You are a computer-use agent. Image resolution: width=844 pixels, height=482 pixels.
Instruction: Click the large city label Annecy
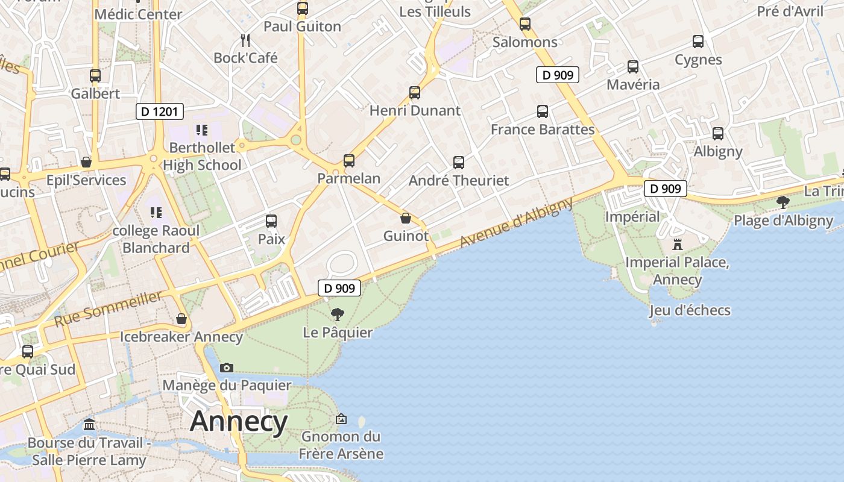[239, 421]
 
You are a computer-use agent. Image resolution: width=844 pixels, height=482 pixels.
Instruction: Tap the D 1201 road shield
[159, 111]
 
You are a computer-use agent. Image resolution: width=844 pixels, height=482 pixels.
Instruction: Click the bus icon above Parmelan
[349, 161]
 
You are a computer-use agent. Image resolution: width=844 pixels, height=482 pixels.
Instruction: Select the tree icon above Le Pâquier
[338, 314]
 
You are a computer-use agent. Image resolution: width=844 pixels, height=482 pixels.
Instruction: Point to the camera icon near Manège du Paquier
[227, 368]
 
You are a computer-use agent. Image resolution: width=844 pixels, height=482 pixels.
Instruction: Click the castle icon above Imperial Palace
[677, 245]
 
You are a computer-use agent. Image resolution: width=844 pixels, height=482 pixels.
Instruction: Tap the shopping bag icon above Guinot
[406, 218]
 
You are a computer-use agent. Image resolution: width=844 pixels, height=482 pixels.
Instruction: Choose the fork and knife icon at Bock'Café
[245, 40]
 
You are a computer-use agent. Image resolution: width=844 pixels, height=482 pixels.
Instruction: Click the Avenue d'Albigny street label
[516, 222]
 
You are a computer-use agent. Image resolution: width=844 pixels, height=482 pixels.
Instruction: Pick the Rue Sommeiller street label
[109, 308]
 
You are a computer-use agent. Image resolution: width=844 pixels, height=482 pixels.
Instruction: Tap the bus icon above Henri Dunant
[415, 93]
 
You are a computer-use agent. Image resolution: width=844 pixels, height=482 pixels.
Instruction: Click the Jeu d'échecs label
[690, 310]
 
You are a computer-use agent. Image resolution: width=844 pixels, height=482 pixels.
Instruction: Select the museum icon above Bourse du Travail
[89, 425]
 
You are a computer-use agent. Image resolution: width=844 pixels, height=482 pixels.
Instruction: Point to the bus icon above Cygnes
[698, 42]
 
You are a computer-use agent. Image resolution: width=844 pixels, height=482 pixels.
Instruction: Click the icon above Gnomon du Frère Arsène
[341, 418]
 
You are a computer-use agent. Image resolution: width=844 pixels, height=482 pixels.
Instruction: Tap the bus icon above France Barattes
[543, 111]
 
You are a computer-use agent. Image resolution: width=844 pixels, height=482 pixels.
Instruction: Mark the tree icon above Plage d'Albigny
[783, 202]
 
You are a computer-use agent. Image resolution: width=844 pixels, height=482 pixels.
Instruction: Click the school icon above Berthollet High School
[201, 130]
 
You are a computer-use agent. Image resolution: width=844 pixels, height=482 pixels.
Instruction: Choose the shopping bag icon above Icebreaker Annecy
[181, 318]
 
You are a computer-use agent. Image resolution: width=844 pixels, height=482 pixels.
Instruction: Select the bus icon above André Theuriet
[459, 162]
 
